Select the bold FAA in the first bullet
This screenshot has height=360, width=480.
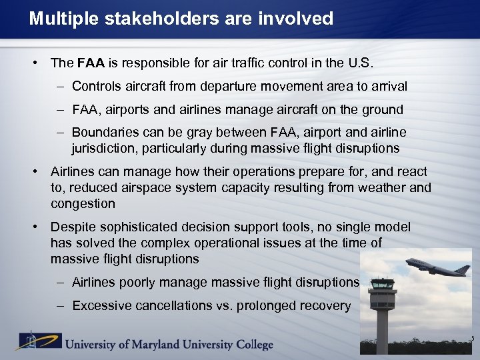point(91,63)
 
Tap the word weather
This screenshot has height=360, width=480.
point(385,188)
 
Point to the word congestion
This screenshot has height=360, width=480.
point(83,203)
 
